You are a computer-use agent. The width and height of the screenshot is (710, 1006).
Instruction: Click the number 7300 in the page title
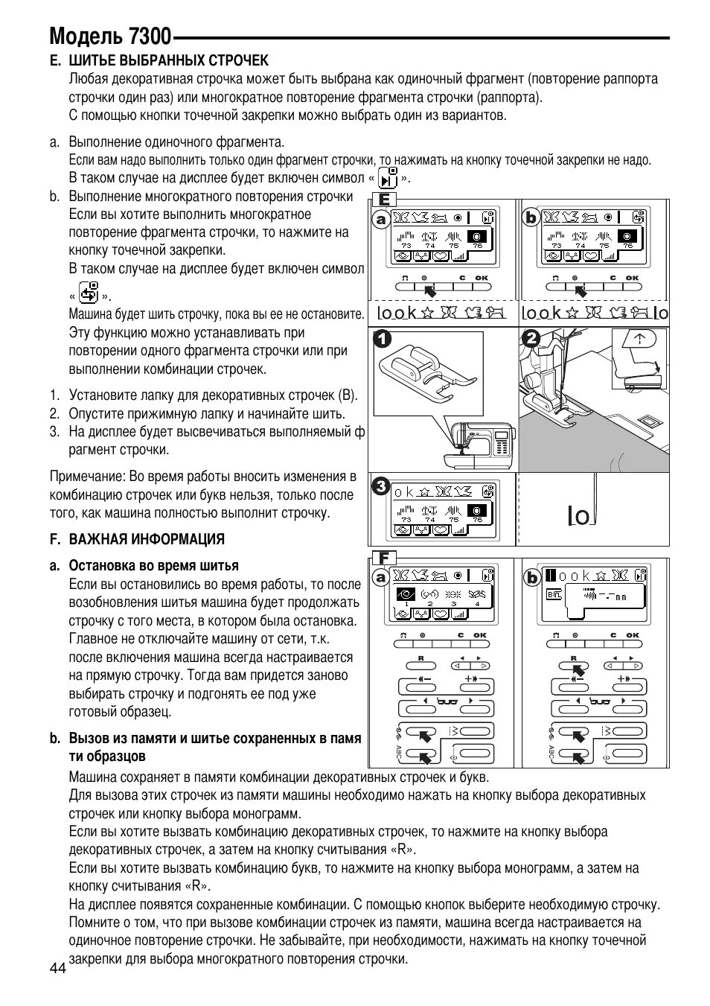point(149,36)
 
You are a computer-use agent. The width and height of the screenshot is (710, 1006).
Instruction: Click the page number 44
point(58,968)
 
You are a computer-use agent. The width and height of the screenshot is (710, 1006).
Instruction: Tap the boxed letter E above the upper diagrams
point(385,200)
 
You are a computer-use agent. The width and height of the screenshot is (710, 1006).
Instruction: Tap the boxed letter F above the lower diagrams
point(384,558)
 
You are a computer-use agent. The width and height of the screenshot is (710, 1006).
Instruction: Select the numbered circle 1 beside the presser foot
point(383,340)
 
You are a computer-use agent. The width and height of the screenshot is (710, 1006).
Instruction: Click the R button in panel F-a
point(420,666)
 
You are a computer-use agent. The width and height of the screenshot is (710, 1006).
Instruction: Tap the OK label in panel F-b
point(633,635)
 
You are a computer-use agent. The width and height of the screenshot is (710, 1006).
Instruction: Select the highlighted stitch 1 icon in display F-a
point(406,594)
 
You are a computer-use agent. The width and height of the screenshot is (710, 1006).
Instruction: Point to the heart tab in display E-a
point(441,256)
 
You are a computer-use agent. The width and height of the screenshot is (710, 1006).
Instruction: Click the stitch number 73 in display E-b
point(555,245)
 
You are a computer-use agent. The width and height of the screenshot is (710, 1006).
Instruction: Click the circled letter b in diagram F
point(531,577)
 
